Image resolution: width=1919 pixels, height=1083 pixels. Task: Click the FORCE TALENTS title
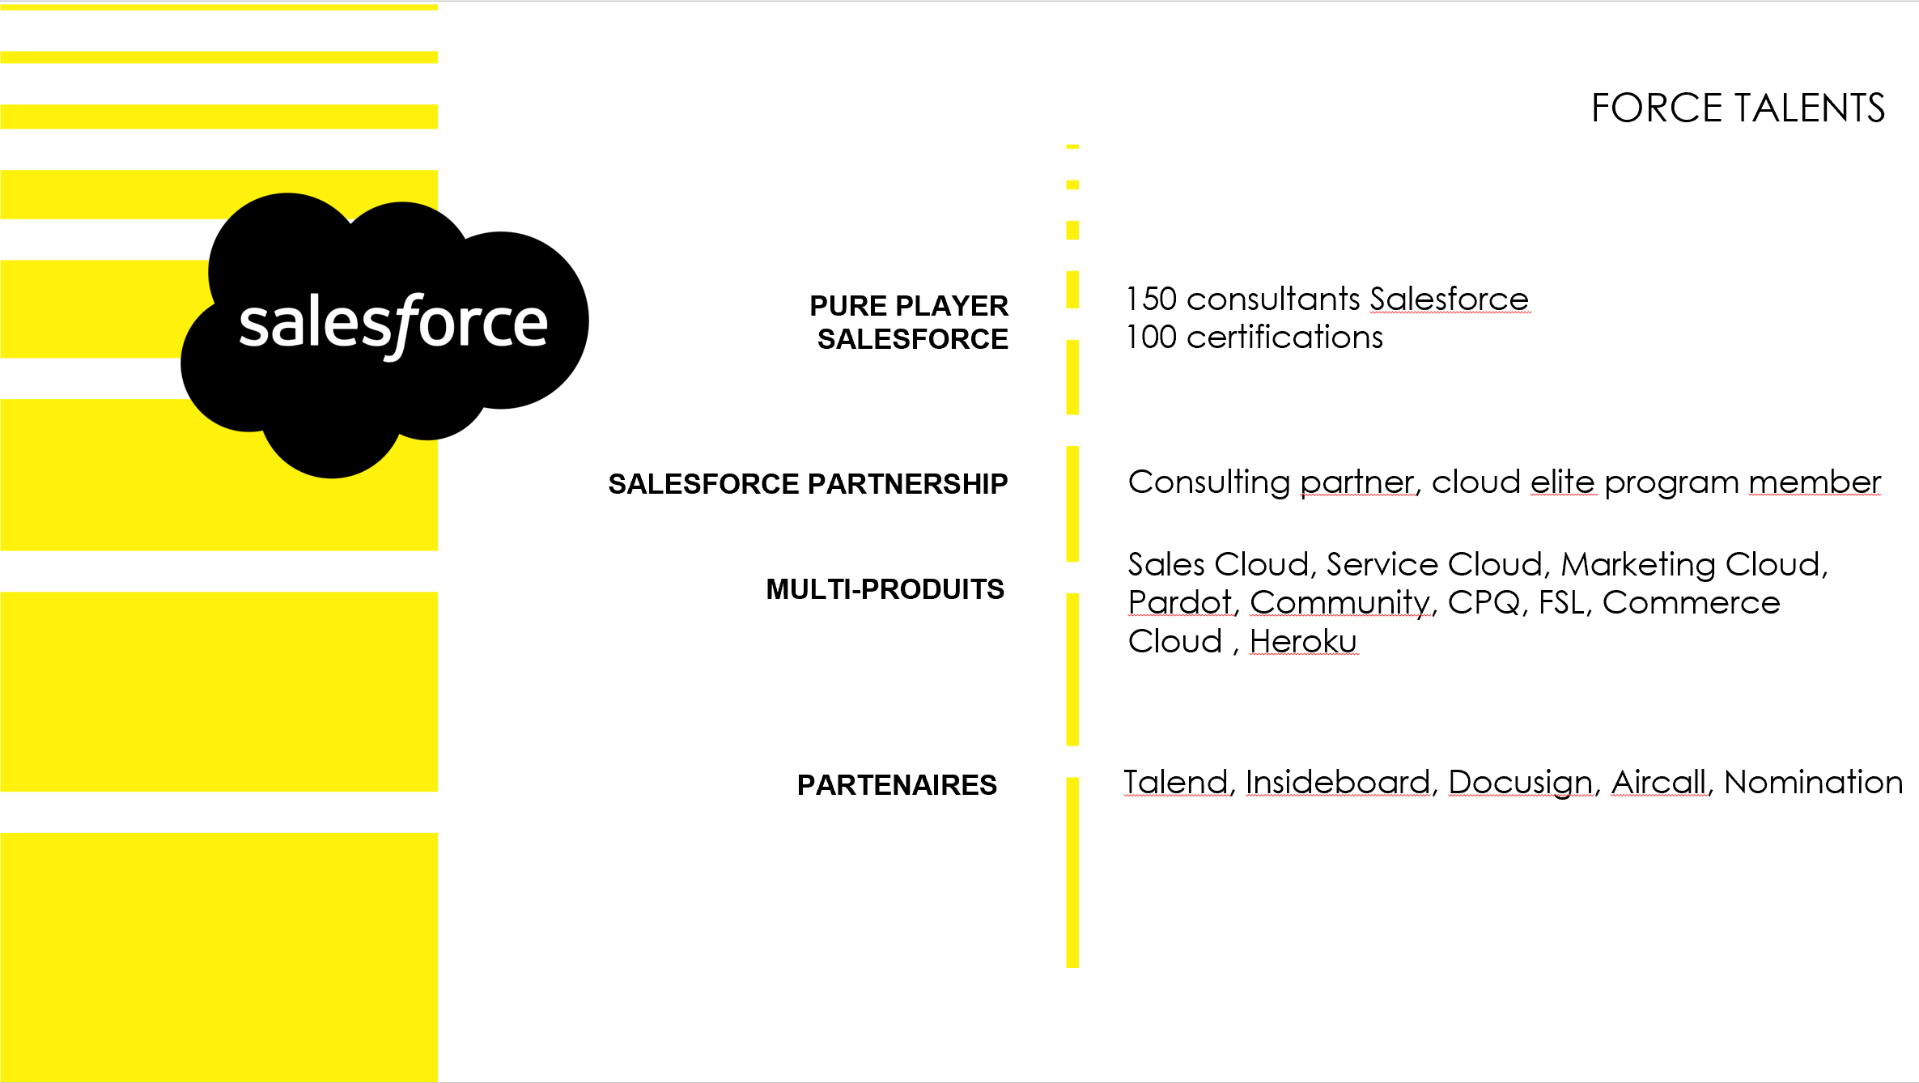(1738, 108)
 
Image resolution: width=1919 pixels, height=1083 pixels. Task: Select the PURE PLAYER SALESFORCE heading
(909, 322)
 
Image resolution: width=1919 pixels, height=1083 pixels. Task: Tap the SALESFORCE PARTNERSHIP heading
(808, 484)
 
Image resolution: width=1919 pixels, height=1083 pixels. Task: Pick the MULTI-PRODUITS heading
(885, 589)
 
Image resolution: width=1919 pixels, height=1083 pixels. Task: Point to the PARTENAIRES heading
(897, 785)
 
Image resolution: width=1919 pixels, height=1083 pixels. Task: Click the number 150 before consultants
(1151, 299)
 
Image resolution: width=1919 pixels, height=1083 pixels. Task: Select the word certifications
(1284, 338)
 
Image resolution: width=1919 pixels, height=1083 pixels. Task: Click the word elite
(1562, 482)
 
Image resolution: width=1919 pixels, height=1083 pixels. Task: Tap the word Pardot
(1179, 603)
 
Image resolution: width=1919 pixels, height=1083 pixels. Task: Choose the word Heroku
(1302, 642)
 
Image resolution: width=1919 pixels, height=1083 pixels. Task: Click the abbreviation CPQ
(1483, 603)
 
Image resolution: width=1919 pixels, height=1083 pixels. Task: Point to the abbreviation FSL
(1560, 603)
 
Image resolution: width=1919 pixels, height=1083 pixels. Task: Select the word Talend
(1176, 783)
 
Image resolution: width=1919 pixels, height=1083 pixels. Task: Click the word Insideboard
(1337, 783)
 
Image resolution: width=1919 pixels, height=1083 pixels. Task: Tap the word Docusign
(1520, 783)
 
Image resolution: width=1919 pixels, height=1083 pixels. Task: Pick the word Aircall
(1658, 783)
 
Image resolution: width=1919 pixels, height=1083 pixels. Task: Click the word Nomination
(1813, 783)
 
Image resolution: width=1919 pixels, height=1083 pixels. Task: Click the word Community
(1339, 603)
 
